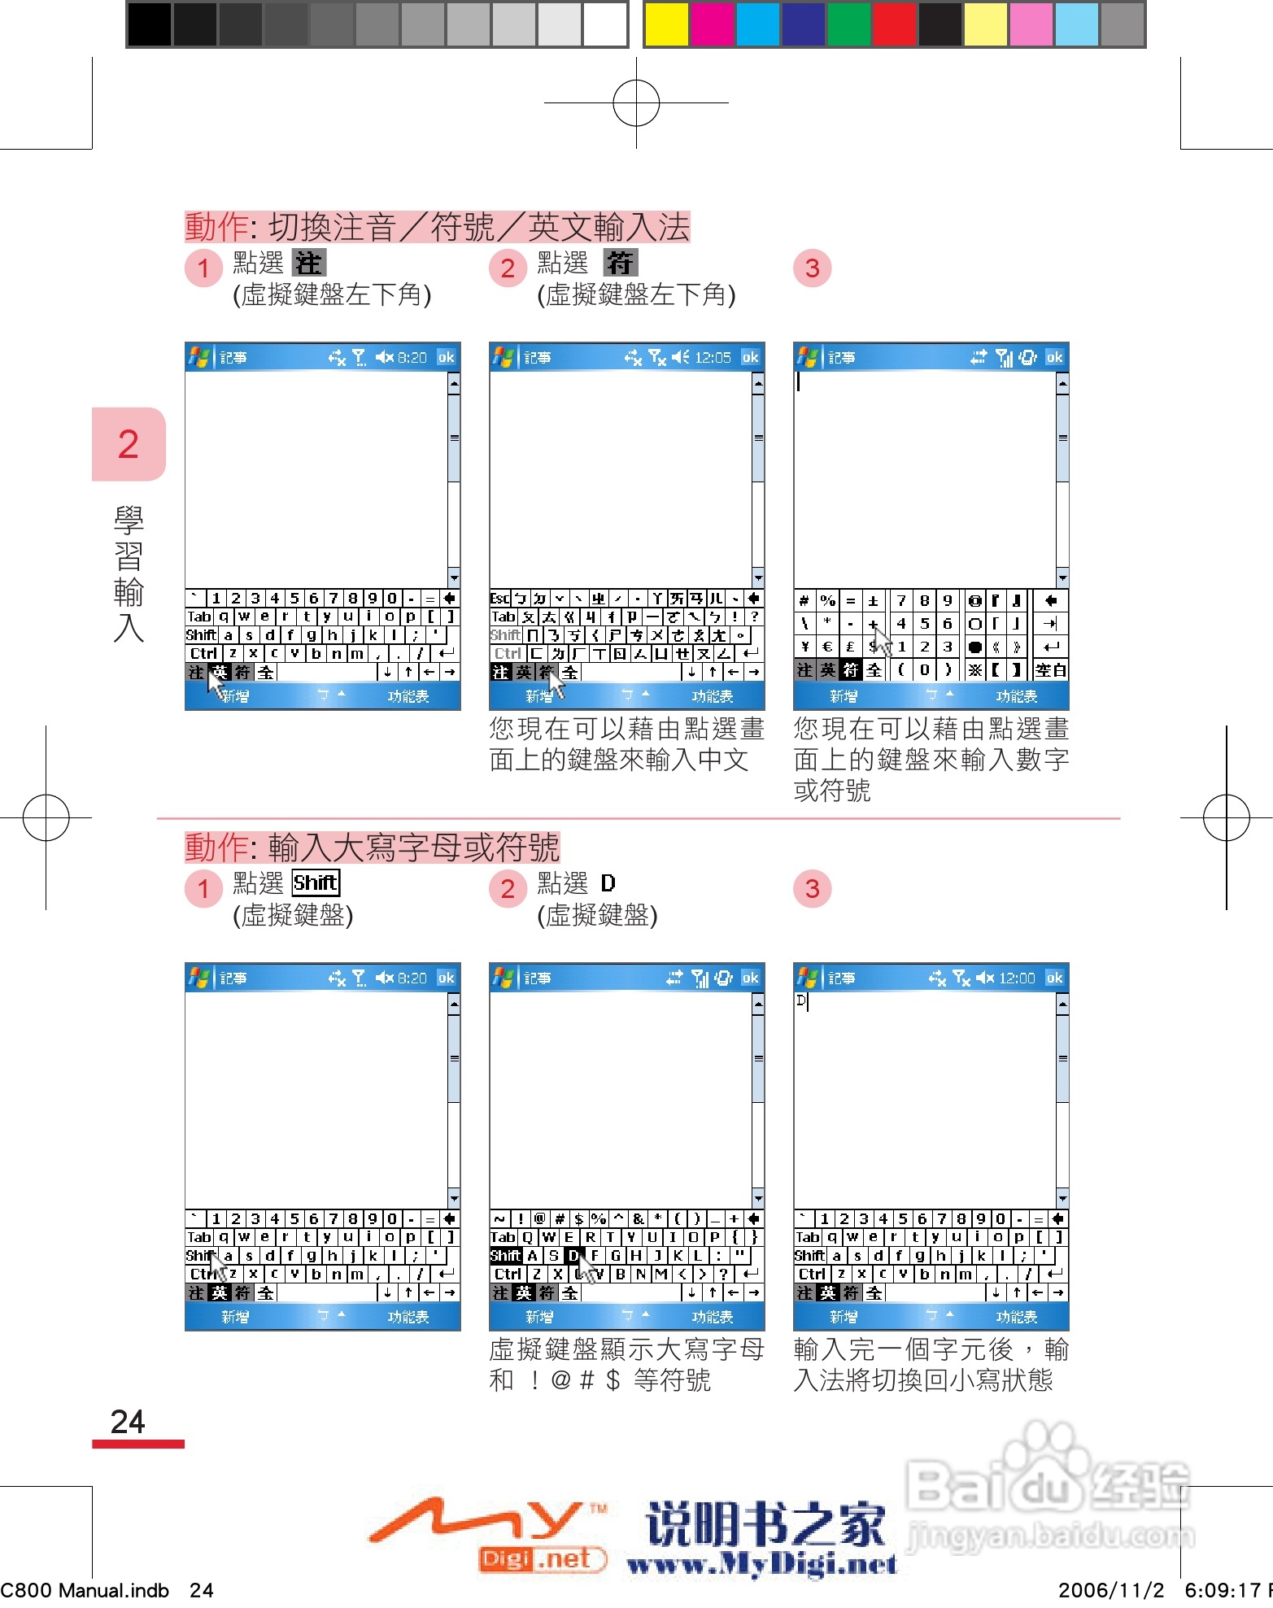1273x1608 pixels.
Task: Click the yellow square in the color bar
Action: click(x=665, y=24)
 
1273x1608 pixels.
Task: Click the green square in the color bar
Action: click(x=848, y=24)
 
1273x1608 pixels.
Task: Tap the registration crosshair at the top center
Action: click(x=636, y=103)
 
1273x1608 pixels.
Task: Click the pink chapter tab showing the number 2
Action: click(x=129, y=444)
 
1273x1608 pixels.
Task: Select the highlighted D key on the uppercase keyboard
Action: click(x=573, y=1256)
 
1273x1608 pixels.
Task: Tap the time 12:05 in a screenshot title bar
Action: click(x=713, y=357)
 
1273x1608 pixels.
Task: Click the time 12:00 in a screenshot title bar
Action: click(x=1017, y=978)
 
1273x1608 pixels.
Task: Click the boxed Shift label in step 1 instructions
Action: click(x=316, y=882)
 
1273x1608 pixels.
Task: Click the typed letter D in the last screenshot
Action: click(x=801, y=1000)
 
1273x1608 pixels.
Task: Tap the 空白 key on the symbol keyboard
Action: click(x=1050, y=670)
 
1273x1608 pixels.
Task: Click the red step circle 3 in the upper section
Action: click(x=812, y=268)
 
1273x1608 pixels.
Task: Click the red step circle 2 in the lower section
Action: click(x=508, y=889)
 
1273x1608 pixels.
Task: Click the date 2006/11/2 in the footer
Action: click(x=1110, y=1590)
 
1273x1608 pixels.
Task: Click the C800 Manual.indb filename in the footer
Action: click(x=85, y=1590)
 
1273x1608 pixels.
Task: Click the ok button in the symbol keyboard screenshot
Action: click(x=1054, y=357)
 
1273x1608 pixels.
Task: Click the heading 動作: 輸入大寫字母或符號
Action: click(x=372, y=847)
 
